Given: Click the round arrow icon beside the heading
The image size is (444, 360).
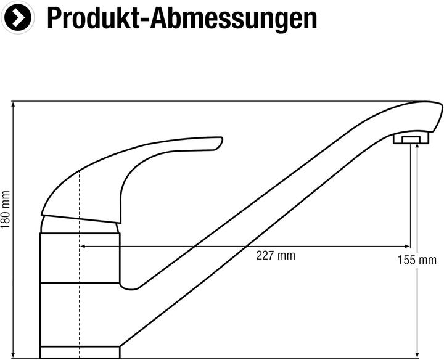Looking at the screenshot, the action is click(17, 17).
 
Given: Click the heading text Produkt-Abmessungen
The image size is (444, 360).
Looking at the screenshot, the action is click(182, 18).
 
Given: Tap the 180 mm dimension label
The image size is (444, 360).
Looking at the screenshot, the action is click(6, 210).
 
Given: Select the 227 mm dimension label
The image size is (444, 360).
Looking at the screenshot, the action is click(276, 256).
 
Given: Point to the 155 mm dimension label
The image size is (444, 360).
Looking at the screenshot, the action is click(417, 260).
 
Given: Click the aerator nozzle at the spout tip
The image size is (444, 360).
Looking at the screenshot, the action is click(411, 139).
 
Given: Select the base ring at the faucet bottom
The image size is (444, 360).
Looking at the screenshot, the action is click(80, 353).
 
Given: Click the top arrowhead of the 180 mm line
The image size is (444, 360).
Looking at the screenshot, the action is click(13, 104).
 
